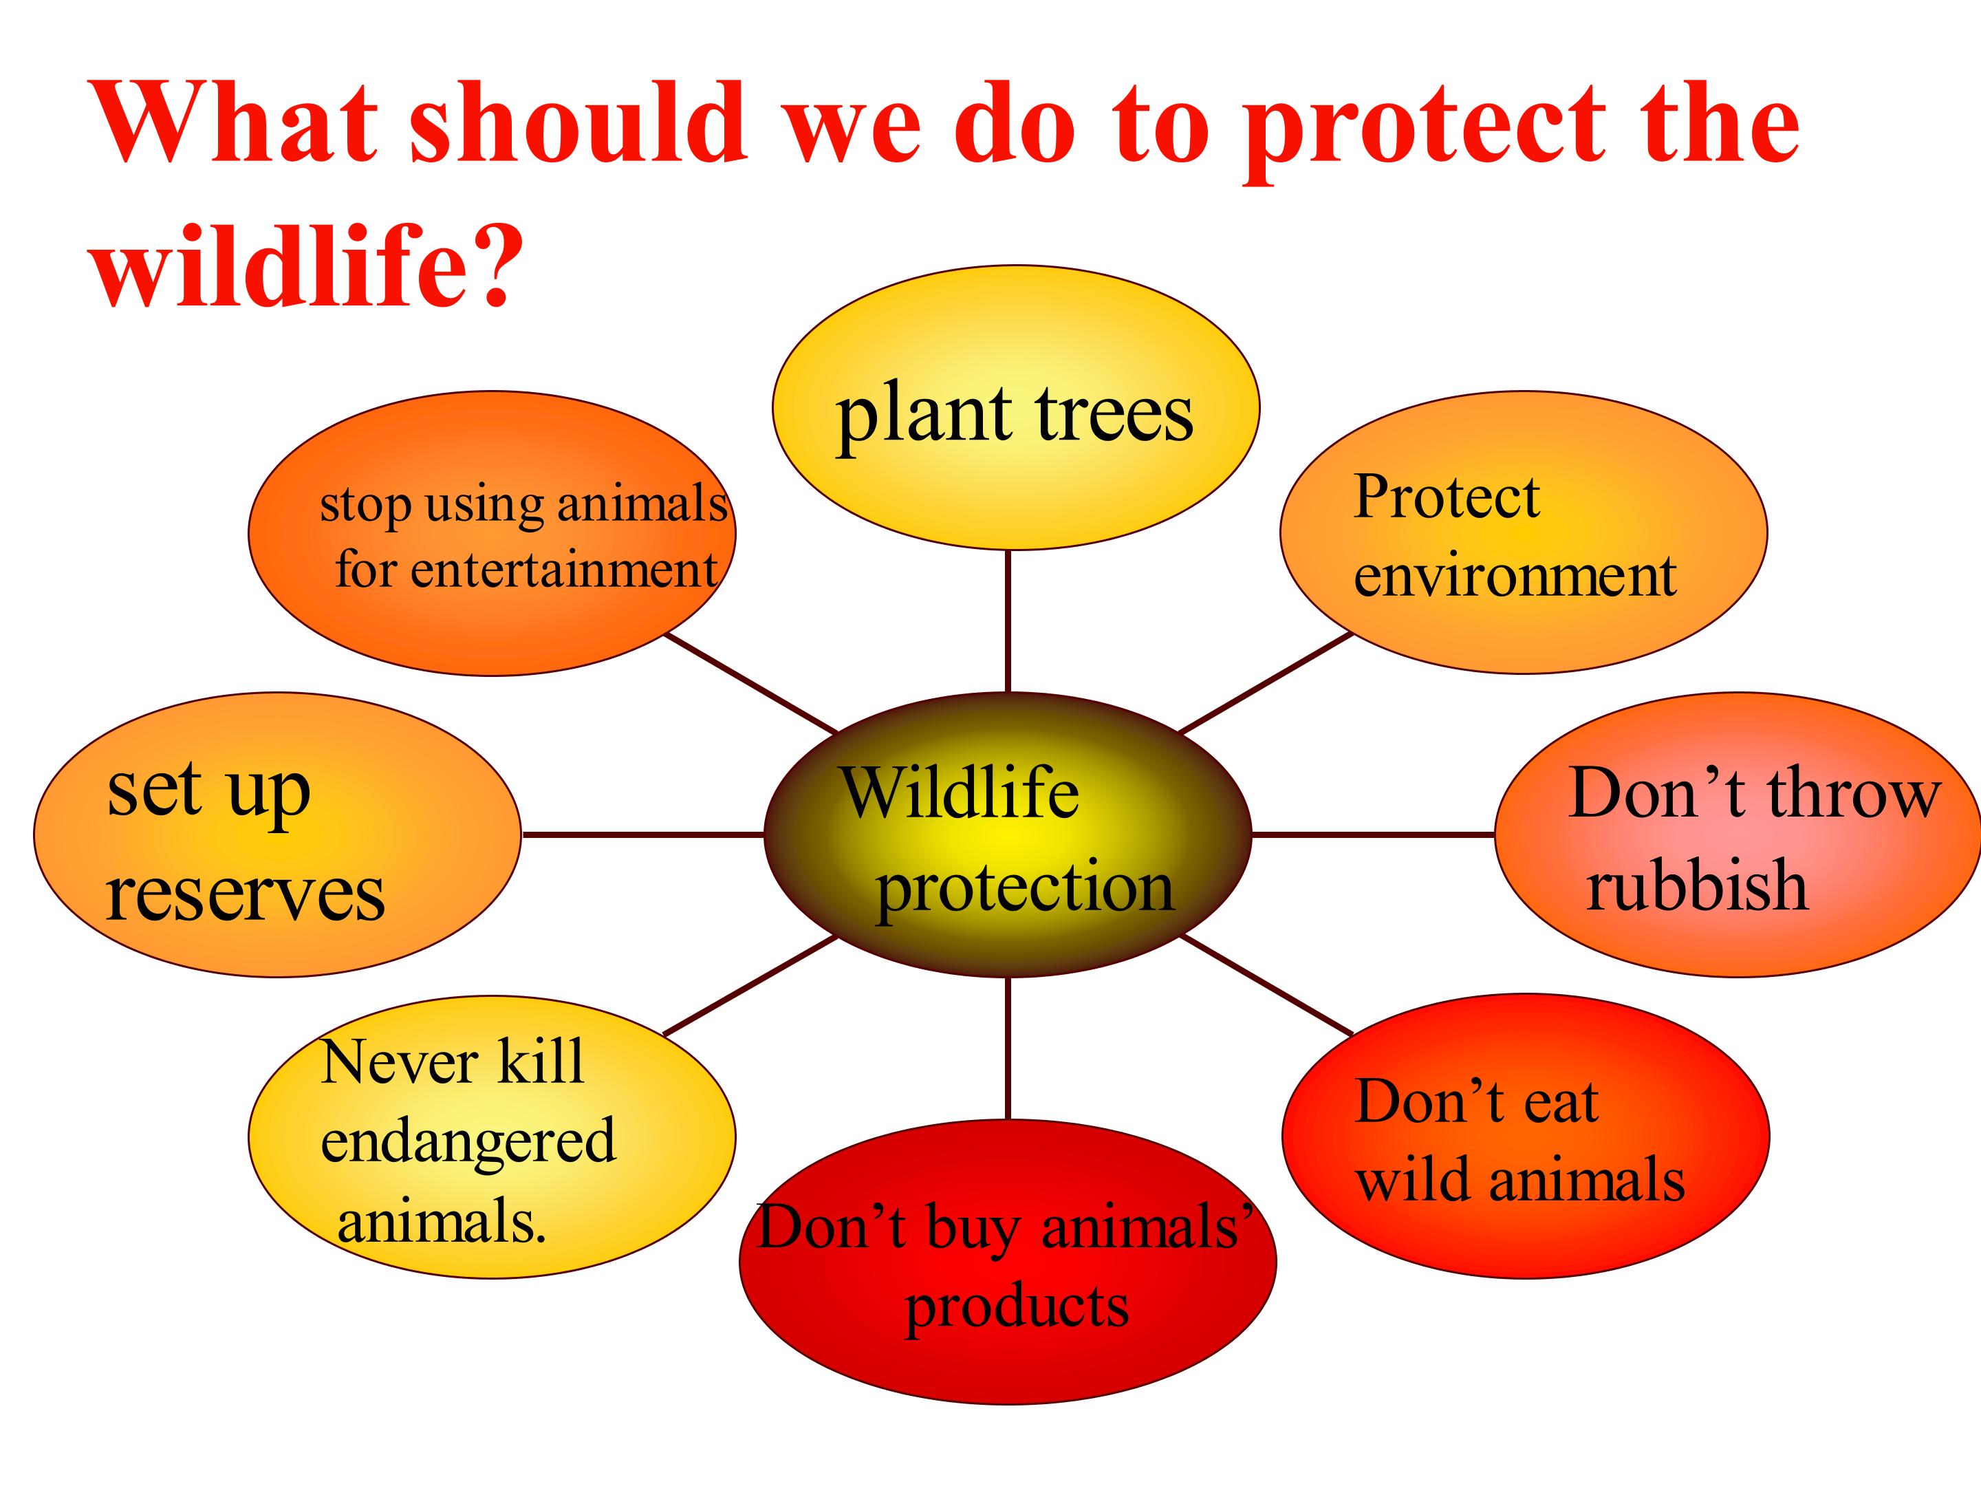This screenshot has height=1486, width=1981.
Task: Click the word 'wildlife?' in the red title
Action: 307,264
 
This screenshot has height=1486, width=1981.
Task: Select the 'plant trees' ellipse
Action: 1015,407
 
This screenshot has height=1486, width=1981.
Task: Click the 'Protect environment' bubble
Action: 1524,532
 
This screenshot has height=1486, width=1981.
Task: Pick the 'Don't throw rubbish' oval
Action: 1738,834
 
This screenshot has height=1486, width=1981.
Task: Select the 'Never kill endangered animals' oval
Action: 492,1136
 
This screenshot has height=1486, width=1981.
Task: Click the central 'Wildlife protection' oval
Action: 1008,834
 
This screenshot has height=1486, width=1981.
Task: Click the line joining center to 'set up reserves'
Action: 643,834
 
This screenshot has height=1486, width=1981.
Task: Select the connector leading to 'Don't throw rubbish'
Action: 1373,834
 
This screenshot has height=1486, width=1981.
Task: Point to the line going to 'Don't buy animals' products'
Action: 1008,1048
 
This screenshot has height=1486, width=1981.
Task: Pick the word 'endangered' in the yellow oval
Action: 468,1140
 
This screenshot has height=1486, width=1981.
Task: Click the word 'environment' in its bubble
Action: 1515,575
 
